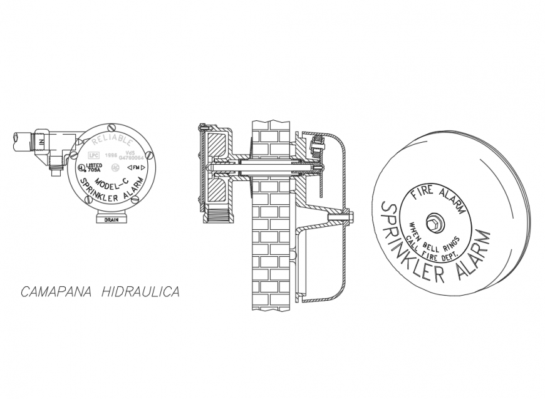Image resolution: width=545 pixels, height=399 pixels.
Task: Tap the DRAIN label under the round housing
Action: click(112, 220)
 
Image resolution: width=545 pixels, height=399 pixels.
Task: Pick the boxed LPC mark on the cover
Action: click(94, 155)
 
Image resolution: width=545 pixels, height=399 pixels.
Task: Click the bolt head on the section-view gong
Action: click(350, 216)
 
